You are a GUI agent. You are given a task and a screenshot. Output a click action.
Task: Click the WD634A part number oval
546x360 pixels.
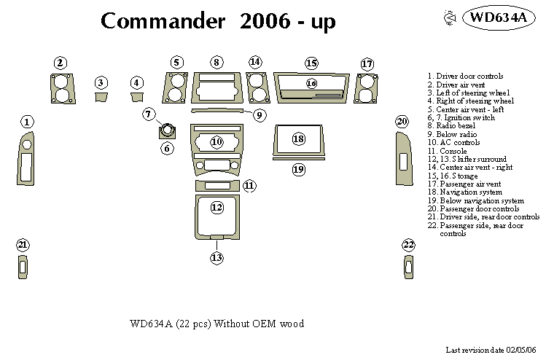coord(497,17)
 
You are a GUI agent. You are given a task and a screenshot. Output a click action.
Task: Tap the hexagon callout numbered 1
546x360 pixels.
coord(27,122)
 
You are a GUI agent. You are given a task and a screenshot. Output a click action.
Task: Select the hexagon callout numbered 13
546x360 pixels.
coord(217,257)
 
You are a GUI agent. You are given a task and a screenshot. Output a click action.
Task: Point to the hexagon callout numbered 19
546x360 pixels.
coord(298,169)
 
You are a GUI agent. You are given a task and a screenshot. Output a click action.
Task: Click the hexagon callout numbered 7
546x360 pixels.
coord(149,114)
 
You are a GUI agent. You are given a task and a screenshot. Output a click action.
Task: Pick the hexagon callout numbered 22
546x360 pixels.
coord(409,244)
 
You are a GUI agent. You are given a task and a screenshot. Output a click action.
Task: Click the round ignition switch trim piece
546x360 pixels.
coord(168,132)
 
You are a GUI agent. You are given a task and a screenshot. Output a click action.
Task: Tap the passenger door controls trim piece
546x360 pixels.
coord(403,158)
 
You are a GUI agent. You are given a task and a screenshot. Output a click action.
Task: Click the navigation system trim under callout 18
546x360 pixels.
coord(298,140)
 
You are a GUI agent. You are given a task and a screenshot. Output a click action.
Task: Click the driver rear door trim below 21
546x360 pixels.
coord(23,267)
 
